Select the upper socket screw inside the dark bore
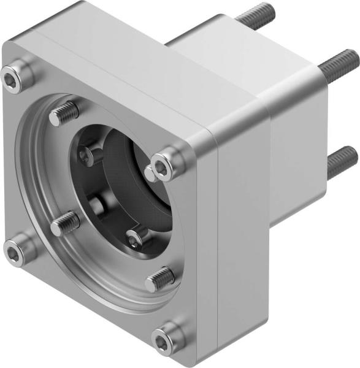[x=90, y=156]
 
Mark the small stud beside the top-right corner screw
[x=150, y=174]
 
